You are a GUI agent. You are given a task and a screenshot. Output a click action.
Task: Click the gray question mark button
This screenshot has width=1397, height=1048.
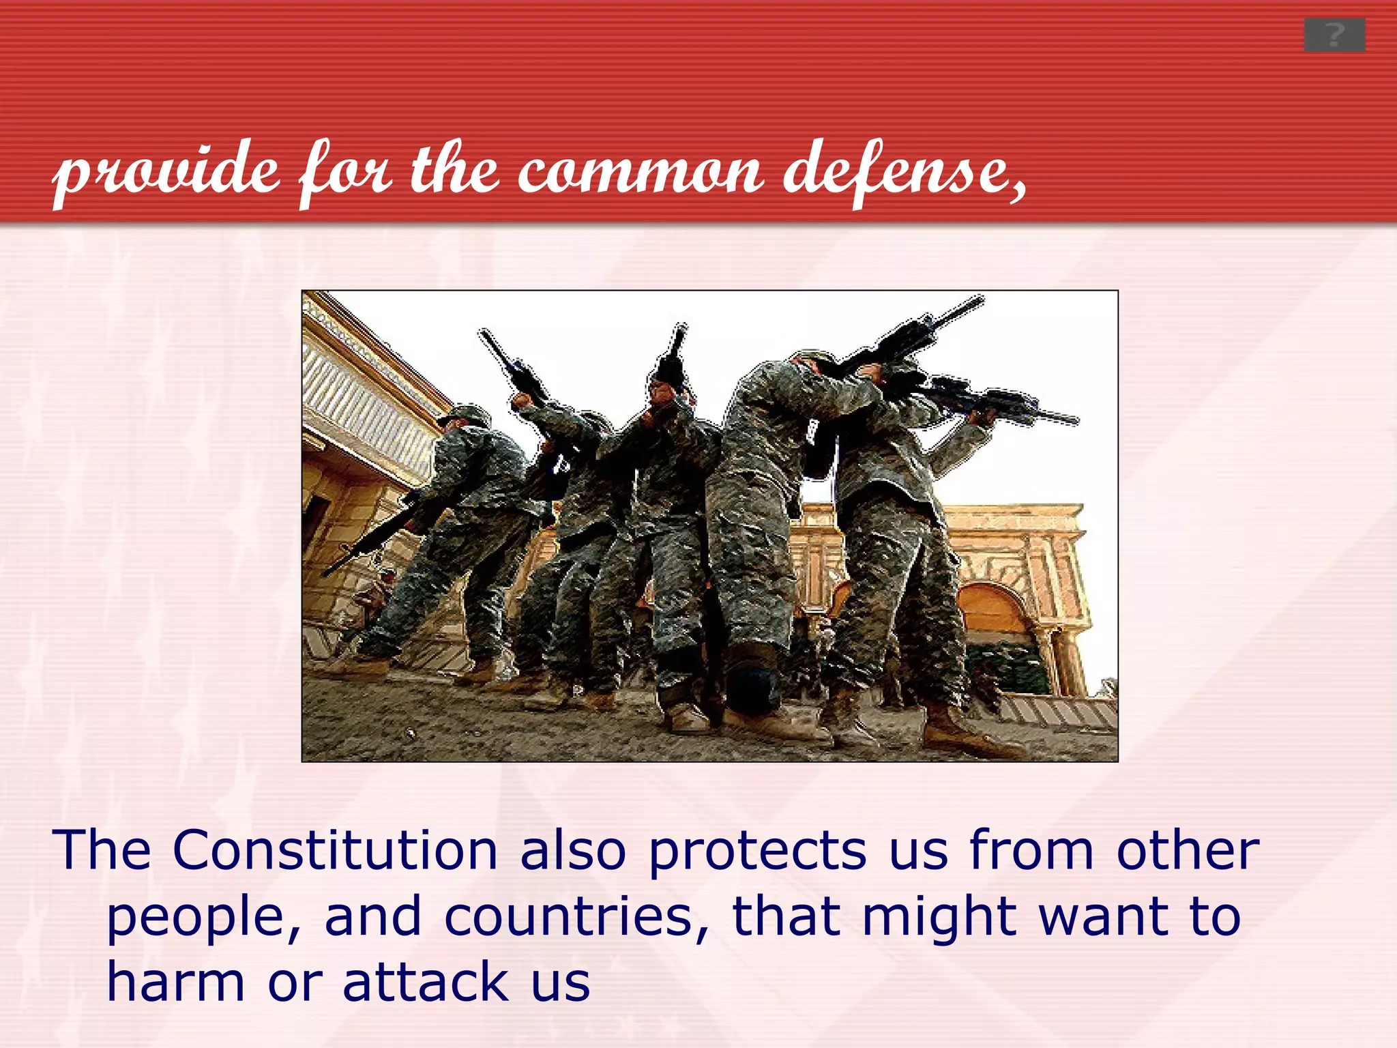[1334, 35]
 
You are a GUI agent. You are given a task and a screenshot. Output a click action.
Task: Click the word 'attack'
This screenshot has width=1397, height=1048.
[426, 982]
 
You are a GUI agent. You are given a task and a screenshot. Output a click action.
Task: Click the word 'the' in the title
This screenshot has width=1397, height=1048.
[453, 171]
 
